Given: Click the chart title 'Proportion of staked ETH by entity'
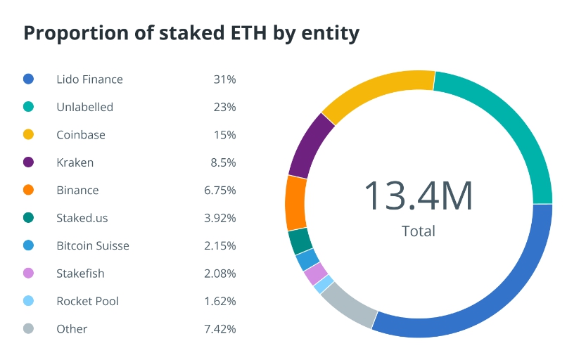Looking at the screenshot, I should [191, 33].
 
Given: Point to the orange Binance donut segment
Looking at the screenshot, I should [295, 202].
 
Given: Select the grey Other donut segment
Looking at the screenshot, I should [346, 307].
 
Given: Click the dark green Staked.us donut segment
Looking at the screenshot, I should [300, 241].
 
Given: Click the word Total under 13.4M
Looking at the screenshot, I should [418, 231].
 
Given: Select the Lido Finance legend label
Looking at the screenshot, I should [89, 79].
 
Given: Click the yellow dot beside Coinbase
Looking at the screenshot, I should [28, 135].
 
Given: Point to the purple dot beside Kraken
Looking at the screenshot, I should [28, 162].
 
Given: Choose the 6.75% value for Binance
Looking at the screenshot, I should [219, 191].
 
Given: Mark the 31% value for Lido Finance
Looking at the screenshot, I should [224, 79].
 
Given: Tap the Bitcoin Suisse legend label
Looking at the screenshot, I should [93, 246].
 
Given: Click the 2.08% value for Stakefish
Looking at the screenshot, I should [219, 274].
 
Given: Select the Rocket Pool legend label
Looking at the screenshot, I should [87, 301].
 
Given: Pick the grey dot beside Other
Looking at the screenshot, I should [28, 329].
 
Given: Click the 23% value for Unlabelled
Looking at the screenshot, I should [224, 108].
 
